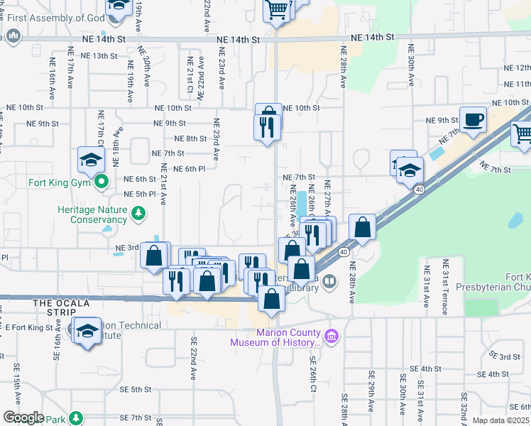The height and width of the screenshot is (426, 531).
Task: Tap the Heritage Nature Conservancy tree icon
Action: tap(141, 212)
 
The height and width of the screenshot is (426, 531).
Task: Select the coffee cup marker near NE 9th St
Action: tap(473, 120)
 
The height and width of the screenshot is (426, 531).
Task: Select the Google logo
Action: tap(23, 417)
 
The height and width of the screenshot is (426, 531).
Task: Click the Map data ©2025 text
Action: tap(500, 420)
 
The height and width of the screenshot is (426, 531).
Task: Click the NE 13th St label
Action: tap(99, 55)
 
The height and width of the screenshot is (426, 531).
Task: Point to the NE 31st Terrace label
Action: tap(446, 283)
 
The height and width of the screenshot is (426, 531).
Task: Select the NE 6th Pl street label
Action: tap(187, 168)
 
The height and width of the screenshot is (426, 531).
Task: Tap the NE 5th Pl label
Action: tap(140, 194)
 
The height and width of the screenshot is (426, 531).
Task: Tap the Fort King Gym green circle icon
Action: tap(102, 182)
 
